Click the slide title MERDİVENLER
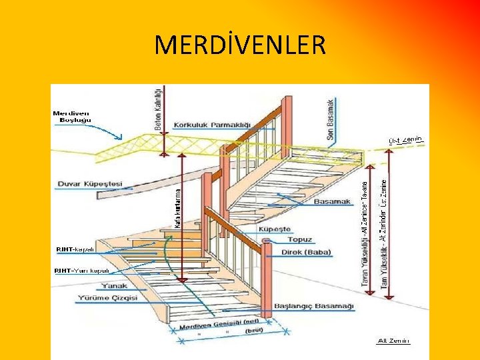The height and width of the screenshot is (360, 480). pos(240,45)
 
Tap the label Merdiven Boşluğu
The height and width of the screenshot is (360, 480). pos(73,117)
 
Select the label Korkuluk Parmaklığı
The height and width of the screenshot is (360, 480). pos(211,125)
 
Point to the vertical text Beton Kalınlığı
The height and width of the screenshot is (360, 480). pos(158,111)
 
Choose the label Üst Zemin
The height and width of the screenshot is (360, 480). pos(406,140)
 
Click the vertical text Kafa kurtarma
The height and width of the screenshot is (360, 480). pos(177,207)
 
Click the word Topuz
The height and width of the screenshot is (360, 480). pos(299,240)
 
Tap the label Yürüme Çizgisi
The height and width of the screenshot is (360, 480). pos(107,298)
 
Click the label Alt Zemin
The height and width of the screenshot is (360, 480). pos(393,340)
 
